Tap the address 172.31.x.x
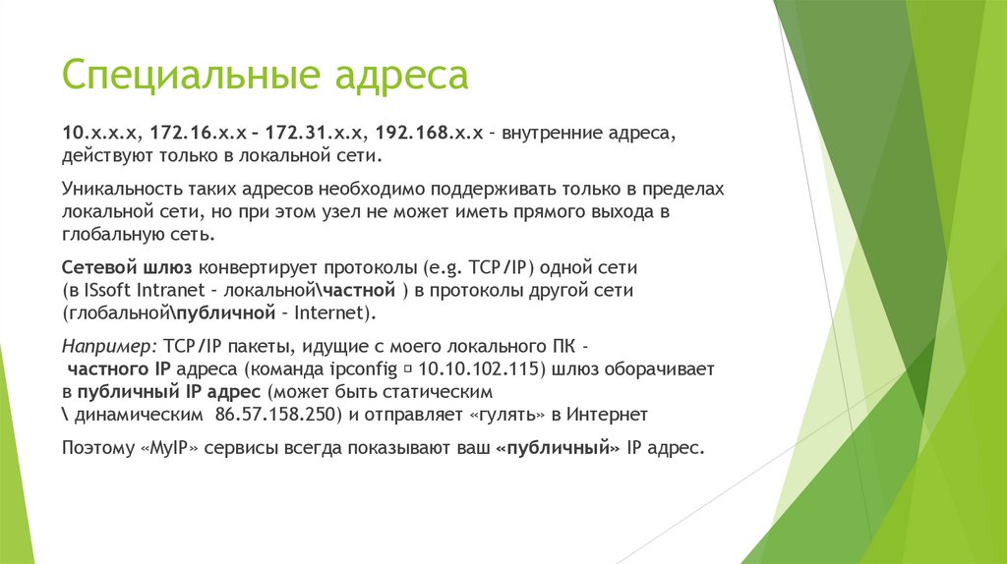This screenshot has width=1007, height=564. pyautogui.click(x=312, y=133)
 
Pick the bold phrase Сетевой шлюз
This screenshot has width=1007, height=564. pyautogui.click(x=127, y=267)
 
